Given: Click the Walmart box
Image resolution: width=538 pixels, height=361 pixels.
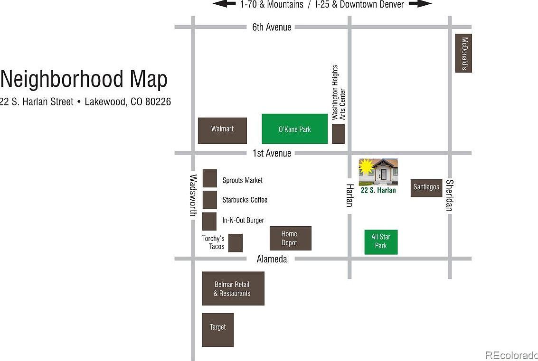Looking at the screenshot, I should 222,130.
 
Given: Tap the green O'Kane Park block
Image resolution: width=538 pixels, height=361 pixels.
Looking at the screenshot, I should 294,129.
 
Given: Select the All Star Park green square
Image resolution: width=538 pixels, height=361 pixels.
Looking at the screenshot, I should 381,242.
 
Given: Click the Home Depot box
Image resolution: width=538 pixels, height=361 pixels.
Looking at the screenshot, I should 290,238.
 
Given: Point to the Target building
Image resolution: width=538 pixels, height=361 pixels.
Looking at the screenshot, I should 218,330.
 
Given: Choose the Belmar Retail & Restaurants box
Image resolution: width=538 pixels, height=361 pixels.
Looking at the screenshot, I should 233,288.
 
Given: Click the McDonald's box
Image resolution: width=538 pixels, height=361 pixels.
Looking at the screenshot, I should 463,53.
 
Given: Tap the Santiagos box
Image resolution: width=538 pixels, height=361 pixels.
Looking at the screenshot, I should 426,188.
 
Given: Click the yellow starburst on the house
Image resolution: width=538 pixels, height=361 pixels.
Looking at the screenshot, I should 366,167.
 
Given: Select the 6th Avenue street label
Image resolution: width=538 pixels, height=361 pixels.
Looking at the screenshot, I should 272,27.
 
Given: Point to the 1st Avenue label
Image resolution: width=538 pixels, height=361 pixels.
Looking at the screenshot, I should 272,153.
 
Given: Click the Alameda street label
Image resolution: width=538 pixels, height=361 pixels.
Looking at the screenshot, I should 272,259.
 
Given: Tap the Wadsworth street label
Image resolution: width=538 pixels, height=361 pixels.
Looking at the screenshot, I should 193,195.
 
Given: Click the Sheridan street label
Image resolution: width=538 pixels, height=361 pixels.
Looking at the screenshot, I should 449,195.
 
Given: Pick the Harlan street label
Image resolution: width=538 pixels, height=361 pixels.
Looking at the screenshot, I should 349,195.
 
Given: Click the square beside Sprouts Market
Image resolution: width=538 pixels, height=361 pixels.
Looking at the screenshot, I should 210,178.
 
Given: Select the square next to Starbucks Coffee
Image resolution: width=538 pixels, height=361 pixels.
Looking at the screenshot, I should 210,200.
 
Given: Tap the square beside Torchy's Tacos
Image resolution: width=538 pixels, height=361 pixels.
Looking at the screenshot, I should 236,243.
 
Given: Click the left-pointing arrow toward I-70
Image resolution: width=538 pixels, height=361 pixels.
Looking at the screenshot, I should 224,4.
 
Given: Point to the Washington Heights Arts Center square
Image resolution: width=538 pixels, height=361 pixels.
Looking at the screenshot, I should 338,134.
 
